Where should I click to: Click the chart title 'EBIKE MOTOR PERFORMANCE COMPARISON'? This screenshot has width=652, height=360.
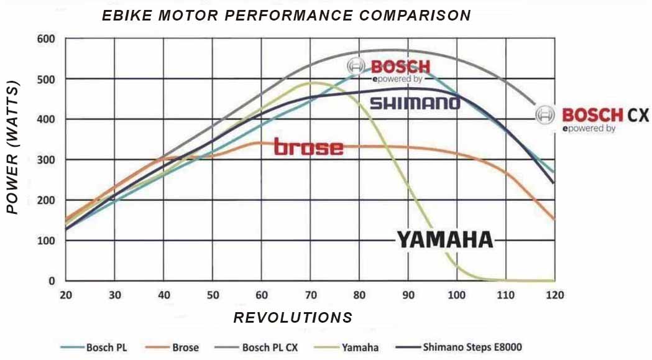tap(286, 16)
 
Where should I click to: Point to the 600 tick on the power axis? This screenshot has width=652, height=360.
tap(47, 39)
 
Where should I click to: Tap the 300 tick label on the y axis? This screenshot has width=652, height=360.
tap(47, 160)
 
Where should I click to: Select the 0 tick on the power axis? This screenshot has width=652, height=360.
tap(52, 281)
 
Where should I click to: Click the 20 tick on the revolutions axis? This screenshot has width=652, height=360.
tap(65, 295)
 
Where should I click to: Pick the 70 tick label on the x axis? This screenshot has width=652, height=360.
tap(310, 295)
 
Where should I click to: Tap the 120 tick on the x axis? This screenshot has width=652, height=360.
tap(554, 295)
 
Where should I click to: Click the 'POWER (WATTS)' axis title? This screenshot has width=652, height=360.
tap(13, 148)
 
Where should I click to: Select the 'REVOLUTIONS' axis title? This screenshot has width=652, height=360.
tap(293, 318)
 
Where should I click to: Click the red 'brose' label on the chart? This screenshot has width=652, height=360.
tap(308, 147)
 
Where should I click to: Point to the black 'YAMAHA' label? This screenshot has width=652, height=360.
tap(444, 239)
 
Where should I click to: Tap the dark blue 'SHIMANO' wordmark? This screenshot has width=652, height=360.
tap(415, 103)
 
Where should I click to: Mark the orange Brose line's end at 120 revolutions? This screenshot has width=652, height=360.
tap(554, 219)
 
